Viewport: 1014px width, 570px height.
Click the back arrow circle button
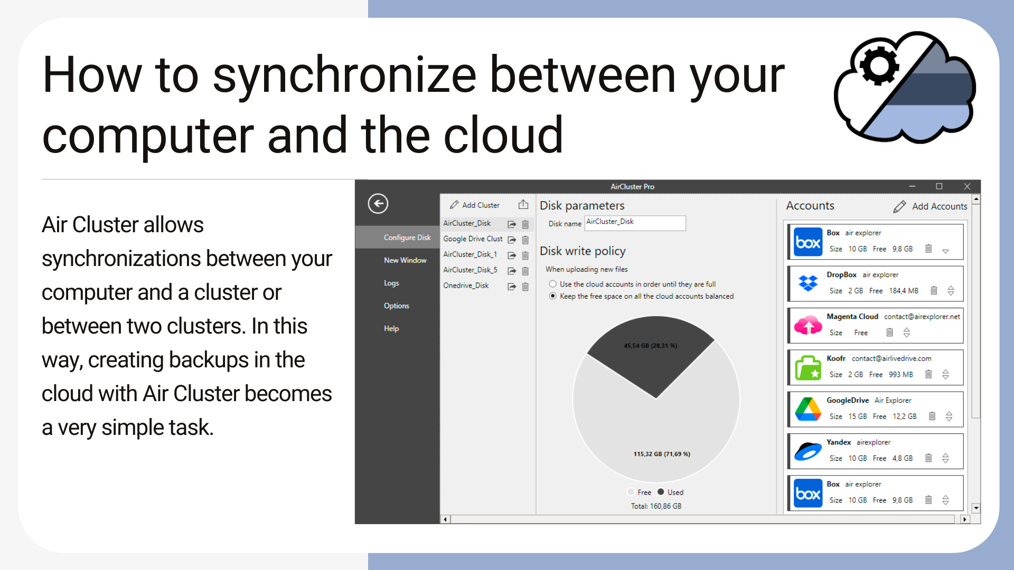378,204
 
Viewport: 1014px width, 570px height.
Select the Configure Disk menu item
407,237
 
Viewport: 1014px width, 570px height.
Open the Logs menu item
391,283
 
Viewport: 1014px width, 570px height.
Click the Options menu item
396,306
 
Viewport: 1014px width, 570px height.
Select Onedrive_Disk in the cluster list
466,286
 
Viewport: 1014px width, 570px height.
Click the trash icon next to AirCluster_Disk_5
525,271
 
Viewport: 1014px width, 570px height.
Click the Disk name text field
635,223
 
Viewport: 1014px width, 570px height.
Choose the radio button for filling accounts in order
553,284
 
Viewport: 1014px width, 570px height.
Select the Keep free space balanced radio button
553,296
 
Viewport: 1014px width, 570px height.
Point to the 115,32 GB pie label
662,454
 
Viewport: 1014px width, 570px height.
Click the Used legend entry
670,492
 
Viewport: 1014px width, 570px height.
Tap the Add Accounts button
931,206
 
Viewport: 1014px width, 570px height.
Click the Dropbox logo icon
808,283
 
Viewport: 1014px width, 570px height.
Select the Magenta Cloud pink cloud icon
808,325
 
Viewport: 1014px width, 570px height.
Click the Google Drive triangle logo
808,409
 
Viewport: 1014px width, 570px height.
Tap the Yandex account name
839,442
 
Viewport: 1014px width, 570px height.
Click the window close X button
967,186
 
